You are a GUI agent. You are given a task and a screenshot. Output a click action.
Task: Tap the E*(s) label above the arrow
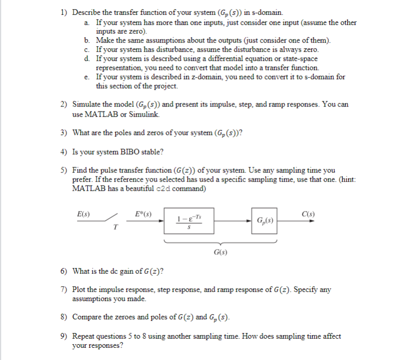(141, 213)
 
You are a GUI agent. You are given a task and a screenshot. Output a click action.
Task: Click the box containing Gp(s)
(264, 222)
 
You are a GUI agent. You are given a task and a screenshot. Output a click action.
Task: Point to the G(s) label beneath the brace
(220, 251)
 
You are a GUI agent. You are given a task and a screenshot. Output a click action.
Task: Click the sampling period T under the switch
(116, 228)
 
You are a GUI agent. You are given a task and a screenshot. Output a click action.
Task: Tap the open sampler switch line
(113, 218)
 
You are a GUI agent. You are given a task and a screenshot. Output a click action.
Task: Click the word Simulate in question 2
(88, 104)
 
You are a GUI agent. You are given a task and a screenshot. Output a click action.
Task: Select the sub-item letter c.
(87, 50)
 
